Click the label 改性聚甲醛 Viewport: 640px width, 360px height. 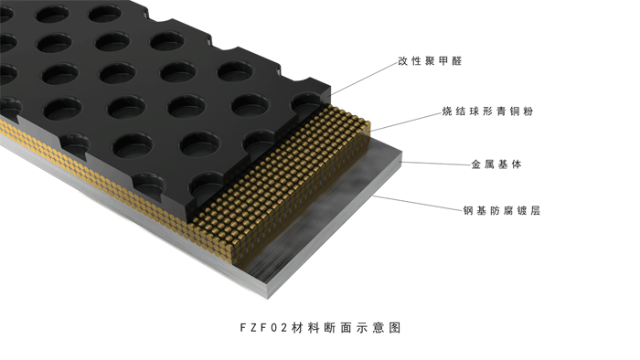point(430,61)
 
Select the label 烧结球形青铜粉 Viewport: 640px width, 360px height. point(487,111)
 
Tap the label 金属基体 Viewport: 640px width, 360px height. point(496,164)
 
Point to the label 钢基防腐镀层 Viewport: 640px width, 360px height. point(502,210)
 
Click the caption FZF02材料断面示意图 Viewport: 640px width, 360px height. point(320,327)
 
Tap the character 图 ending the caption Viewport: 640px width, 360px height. point(395,327)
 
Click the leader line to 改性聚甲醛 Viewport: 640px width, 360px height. point(364,79)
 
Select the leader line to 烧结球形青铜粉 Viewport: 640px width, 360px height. point(406,122)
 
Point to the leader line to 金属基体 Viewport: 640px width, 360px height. point(435,164)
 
